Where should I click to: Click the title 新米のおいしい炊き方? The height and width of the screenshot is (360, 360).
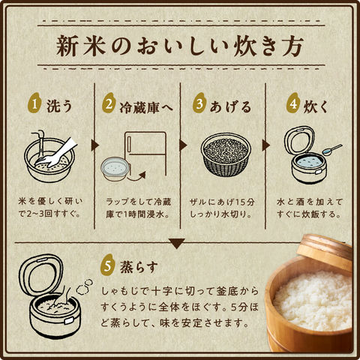coord(180,46)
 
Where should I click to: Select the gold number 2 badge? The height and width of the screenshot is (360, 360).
coord(109,103)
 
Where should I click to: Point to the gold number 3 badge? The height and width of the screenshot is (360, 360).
coord(199,103)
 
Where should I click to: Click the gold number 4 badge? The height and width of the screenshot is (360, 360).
coord(293,103)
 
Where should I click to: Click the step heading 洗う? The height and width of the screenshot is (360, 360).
coord(59,106)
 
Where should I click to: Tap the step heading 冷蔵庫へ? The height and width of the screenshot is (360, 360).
coord(146,107)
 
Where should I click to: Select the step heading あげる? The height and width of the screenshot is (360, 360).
coord(230,107)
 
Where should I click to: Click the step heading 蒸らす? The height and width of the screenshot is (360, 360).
coord(139,267)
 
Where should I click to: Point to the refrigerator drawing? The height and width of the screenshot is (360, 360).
coord(145,153)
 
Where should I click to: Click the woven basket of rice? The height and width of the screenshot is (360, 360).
coord(226,154)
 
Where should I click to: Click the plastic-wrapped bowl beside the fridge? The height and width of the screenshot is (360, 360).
coord(115,169)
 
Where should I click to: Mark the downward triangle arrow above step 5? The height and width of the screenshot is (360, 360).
coord(177,244)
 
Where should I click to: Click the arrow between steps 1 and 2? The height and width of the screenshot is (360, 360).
coord(94,145)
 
